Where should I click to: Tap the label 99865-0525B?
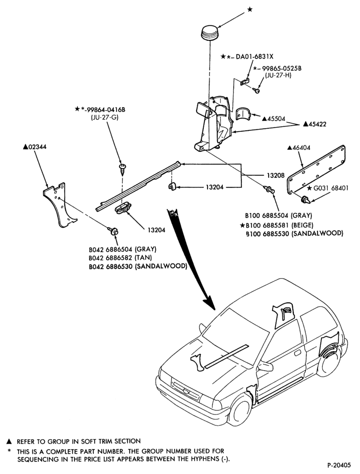pos(281,69)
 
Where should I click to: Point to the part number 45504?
pos(276,118)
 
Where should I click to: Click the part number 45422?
pos(317,124)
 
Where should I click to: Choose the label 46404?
pos(301,148)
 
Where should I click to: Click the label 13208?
pos(276,175)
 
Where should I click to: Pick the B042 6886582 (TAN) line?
pos(120,258)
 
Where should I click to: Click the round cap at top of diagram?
pos(210,32)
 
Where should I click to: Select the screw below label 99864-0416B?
pos(123,169)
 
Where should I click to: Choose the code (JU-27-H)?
pos(278,75)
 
